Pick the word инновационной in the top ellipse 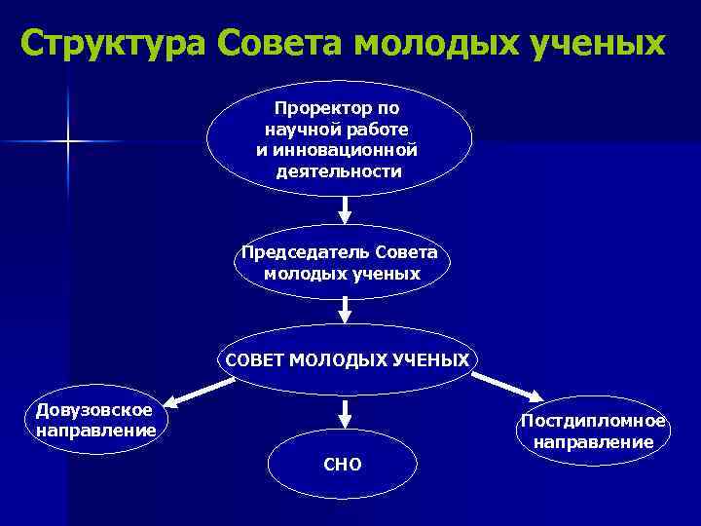click(x=365, y=150)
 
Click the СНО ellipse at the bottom click(x=343, y=465)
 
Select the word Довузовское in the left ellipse click(x=94, y=409)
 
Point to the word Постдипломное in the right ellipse click(x=593, y=421)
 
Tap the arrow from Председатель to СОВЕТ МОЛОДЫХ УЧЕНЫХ click(x=344, y=310)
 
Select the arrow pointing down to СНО click(x=343, y=410)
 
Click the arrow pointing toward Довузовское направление click(x=200, y=393)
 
